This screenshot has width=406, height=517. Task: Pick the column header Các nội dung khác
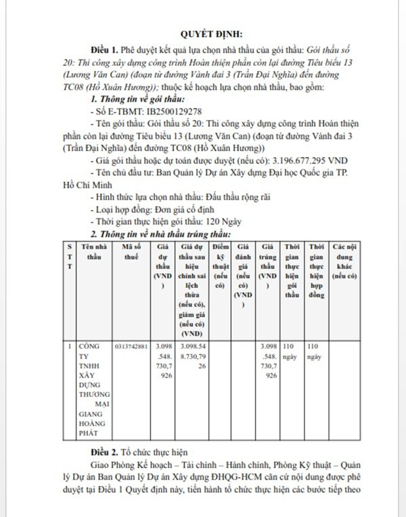[x=344, y=263]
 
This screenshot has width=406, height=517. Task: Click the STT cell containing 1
[x=70, y=346]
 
